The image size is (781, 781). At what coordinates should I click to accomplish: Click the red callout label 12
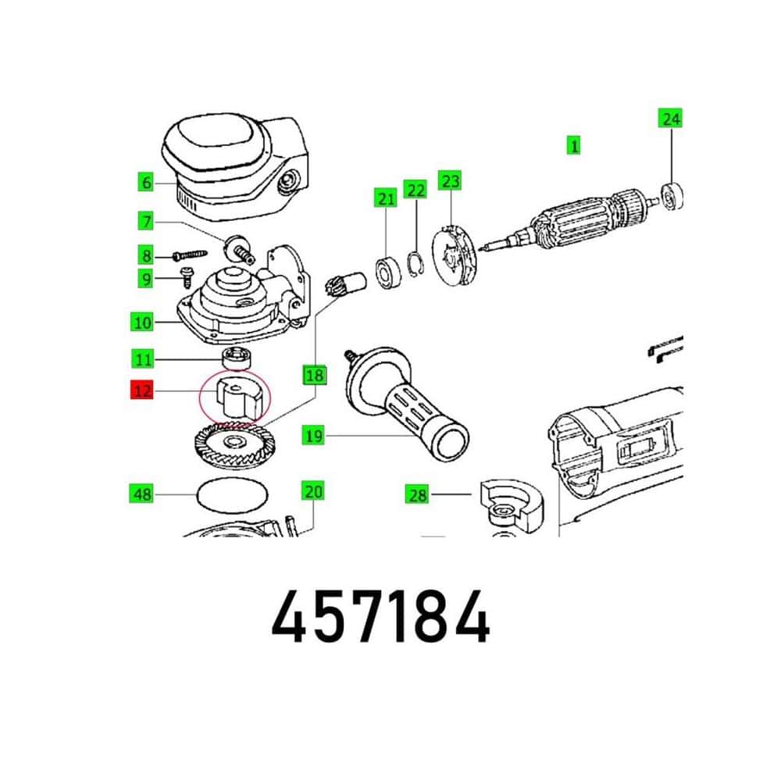[x=142, y=390]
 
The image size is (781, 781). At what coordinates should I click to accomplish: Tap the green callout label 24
[x=670, y=119]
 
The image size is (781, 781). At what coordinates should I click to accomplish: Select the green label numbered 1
[x=574, y=146]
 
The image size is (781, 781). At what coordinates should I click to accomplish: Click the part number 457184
[x=380, y=617]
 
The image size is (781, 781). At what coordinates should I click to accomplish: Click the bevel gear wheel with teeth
[x=234, y=444]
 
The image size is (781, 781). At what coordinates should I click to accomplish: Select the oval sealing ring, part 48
[x=233, y=495]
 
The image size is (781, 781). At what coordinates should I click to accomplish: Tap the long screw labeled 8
[x=189, y=255]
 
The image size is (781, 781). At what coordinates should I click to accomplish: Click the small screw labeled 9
[x=187, y=277]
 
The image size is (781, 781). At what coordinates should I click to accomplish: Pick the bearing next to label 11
[x=237, y=358]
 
